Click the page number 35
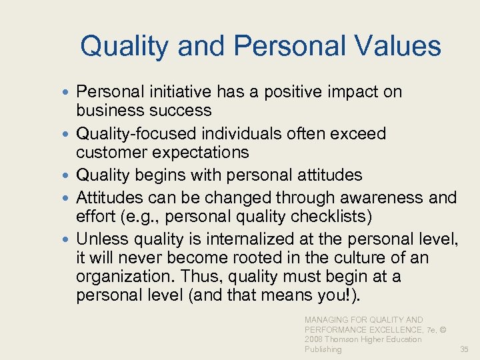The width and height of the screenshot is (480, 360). [465, 349]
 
